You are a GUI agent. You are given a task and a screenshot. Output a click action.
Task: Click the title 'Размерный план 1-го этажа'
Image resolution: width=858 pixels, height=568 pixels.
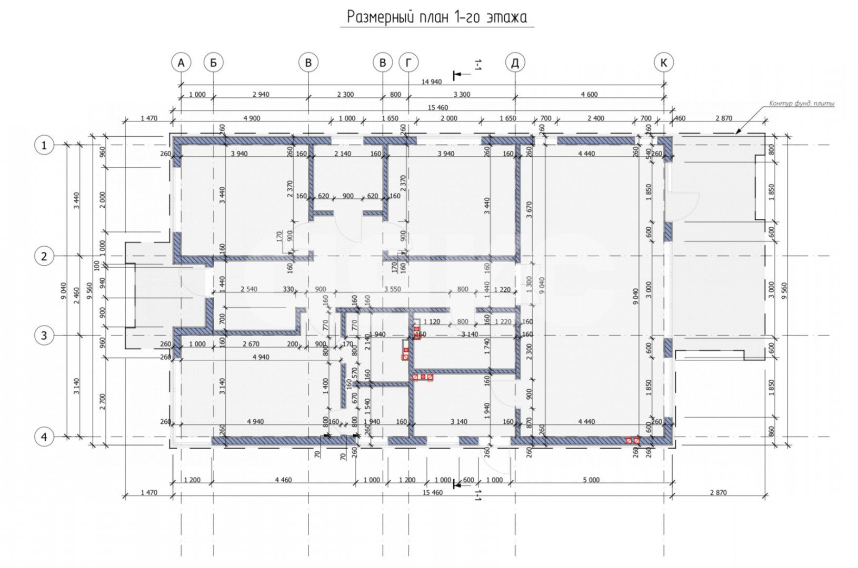click(x=436, y=17)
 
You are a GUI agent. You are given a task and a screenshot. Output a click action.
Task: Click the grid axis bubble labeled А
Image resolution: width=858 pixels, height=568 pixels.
click(x=181, y=63)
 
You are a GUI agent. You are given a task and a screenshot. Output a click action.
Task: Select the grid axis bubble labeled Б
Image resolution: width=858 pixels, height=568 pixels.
click(x=213, y=63)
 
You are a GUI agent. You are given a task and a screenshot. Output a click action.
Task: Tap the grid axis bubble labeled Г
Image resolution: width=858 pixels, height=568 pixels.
click(x=408, y=63)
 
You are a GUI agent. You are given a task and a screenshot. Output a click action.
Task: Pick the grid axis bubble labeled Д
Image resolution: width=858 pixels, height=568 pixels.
click(x=515, y=63)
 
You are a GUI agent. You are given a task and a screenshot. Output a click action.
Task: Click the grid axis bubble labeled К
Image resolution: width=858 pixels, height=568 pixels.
click(x=664, y=63)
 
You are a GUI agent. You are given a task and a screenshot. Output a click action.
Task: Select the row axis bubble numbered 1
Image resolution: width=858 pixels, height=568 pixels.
click(x=44, y=145)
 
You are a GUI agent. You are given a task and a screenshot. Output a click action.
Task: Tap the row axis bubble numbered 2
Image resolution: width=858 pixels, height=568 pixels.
click(x=44, y=257)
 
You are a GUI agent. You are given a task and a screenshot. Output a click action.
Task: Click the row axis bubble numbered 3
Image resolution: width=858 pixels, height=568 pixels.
click(x=44, y=336)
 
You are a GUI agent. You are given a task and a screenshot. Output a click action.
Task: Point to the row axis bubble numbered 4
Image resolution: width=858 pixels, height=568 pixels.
click(x=44, y=437)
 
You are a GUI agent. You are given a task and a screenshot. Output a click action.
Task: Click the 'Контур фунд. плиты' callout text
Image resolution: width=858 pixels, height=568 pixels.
click(x=801, y=104)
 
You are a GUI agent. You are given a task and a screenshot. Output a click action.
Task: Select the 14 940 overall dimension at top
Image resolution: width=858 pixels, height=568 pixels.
click(x=431, y=82)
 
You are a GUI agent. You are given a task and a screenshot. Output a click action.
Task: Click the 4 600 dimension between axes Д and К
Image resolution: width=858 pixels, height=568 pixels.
click(x=589, y=95)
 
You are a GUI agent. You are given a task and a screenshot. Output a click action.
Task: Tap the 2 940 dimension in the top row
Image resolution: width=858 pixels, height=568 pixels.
click(x=261, y=95)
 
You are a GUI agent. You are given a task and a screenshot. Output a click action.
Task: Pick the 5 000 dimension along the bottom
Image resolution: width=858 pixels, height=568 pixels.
click(x=591, y=480)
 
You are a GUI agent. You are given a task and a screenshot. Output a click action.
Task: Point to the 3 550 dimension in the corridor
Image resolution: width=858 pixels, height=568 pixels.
click(x=392, y=289)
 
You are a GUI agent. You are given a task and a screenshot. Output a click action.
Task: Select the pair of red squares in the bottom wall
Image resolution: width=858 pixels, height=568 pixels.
click(x=633, y=440)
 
